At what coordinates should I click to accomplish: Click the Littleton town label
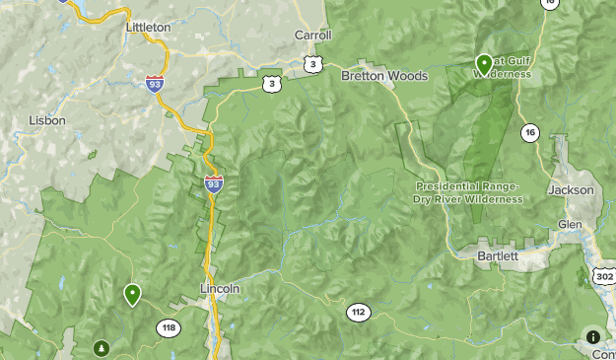148,27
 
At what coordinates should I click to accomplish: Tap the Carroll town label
313,35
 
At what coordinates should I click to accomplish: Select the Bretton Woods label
384,76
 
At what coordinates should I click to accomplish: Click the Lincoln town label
220,289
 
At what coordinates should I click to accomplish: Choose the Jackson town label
572,189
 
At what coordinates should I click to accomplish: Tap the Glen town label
570,224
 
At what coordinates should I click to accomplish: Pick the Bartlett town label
497,255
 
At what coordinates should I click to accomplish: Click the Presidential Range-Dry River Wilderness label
468,192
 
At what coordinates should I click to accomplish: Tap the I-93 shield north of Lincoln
214,182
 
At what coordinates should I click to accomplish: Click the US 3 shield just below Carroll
312,64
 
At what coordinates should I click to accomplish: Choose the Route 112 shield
358,313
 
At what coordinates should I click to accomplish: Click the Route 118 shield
168,328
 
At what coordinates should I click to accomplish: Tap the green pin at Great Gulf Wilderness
484,64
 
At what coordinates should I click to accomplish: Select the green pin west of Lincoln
132,294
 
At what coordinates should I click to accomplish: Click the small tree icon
102,348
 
